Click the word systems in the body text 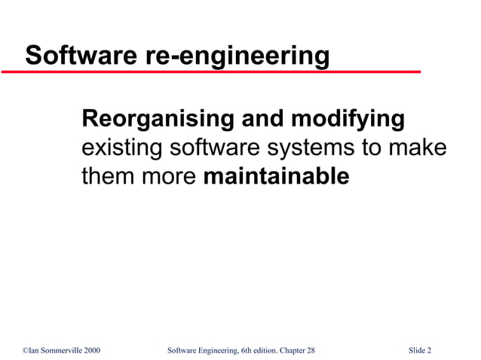[312, 148]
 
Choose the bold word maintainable [277, 177]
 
